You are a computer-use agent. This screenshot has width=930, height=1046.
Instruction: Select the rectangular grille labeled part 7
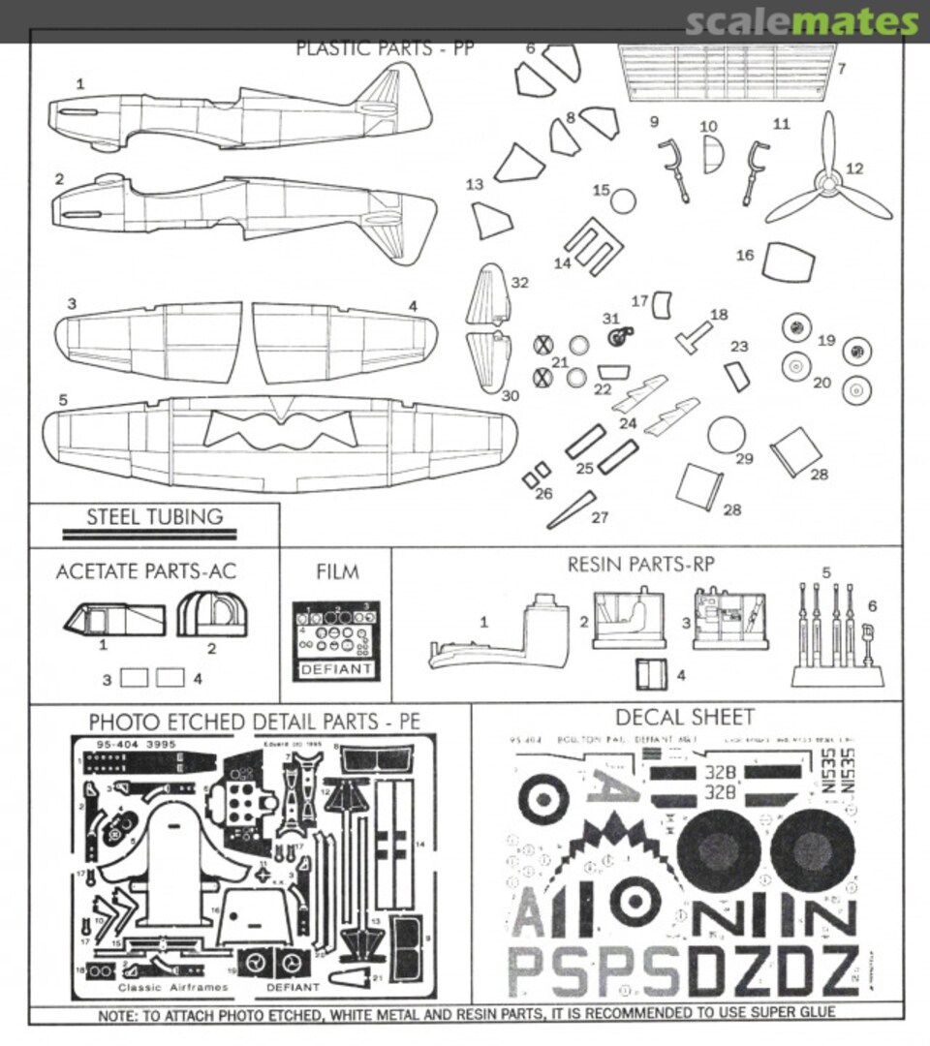(x=726, y=72)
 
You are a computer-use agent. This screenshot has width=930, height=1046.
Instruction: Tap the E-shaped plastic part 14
(x=588, y=247)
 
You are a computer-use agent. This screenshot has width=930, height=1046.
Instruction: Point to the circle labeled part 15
(x=624, y=201)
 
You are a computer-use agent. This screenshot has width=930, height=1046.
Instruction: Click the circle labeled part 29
(x=728, y=436)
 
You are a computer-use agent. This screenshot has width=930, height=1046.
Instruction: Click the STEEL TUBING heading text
(x=155, y=516)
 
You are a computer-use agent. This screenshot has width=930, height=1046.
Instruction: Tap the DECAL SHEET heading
(x=685, y=717)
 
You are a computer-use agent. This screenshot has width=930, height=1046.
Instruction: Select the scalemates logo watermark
(x=801, y=22)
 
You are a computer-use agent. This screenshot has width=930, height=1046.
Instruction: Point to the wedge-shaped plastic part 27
(x=573, y=511)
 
